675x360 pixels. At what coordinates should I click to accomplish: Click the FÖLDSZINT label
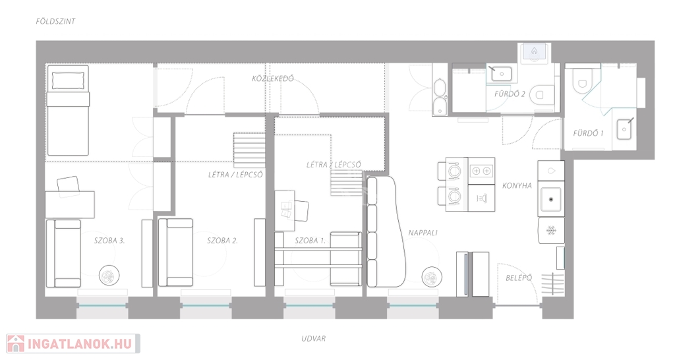pyautogui.click(x=55, y=21)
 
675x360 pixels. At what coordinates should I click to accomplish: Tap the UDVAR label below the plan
pyautogui.click(x=313, y=338)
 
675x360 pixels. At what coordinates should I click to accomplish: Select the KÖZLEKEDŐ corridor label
pyautogui.click(x=273, y=78)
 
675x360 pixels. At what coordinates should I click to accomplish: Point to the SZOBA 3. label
pyautogui.click(x=109, y=241)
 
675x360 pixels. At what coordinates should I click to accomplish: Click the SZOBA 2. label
pyautogui.click(x=222, y=241)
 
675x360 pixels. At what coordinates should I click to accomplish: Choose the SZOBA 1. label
pyautogui.click(x=310, y=241)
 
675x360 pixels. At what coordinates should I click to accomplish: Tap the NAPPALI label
pyautogui.click(x=423, y=233)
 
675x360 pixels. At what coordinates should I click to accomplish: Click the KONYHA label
pyautogui.click(x=517, y=185)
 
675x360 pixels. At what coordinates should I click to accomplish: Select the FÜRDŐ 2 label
pyautogui.click(x=510, y=94)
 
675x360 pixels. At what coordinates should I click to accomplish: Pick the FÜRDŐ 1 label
pyautogui.click(x=588, y=133)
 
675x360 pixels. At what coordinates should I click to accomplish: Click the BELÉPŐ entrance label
pyautogui.click(x=519, y=278)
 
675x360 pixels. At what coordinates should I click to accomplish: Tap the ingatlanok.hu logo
pyautogui.click(x=73, y=344)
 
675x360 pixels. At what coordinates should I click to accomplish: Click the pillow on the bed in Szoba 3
pyautogui.click(x=68, y=80)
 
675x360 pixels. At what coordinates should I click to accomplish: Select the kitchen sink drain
pyautogui.click(x=551, y=199)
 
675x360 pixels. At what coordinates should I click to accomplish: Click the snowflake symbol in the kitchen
pyautogui.click(x=551, y=231)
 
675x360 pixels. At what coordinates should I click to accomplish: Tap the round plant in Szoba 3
pyautogui.click(x=109, y=276)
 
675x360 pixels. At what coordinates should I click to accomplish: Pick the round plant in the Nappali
pyautogui.click(x=432, y=277)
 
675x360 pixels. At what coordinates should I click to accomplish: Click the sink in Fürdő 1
pyautogui.click(x=624, y=129)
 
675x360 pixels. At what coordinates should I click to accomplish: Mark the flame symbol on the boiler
pyautogui.click(x=534, y=51)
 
